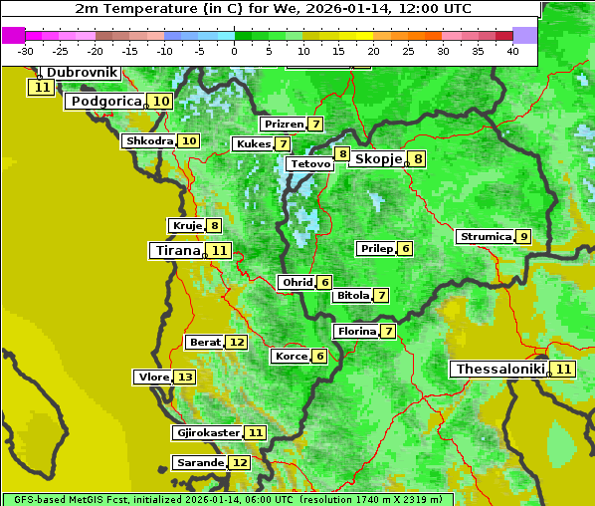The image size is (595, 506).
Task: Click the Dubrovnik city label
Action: (x=83, y=73)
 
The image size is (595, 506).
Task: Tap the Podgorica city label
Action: (x=105, y=102)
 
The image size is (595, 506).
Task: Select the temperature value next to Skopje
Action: (x=418, y=158)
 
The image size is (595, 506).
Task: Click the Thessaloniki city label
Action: (x=500, y=370)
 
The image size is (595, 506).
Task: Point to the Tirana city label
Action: (x=176, y=251)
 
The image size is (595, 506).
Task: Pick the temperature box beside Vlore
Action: (x=185, y=378)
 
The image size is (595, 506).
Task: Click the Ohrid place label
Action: (x=297, y=283)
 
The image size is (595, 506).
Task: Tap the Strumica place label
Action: (x=485, y=237)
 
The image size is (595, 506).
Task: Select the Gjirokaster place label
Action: (x=207, y=433)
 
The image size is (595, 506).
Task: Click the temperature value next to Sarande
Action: (x=240, y=463)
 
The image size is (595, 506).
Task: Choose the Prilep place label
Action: (x=376, y=248)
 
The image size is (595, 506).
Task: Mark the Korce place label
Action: (x=291, y=357)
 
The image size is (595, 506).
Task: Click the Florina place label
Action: (x=356, y=331)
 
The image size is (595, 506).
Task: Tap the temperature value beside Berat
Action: (x=236, y=343)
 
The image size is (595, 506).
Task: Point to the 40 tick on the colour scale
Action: (x=512, y=50)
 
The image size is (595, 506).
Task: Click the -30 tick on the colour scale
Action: (x=26, y=50)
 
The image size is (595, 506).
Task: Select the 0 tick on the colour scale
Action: (x=234, y=50)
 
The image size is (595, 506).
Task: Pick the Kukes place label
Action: (x=253, y=144)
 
